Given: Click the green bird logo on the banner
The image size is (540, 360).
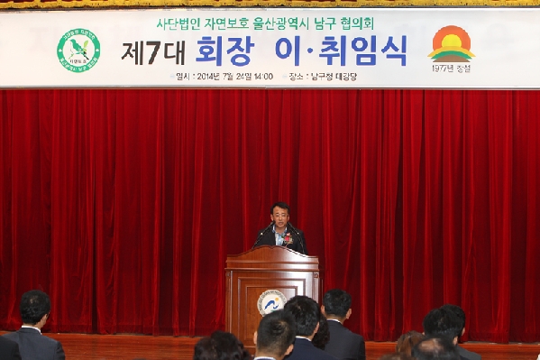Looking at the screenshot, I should (x=78, y=50).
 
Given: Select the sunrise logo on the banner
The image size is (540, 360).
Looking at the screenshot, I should (x=452, y=43).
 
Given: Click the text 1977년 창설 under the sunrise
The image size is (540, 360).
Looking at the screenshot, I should (x=451, y=69).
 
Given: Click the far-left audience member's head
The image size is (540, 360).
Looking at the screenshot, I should (x=34, y=307).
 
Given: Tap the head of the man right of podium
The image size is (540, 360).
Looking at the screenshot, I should (x=337, y=304).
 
